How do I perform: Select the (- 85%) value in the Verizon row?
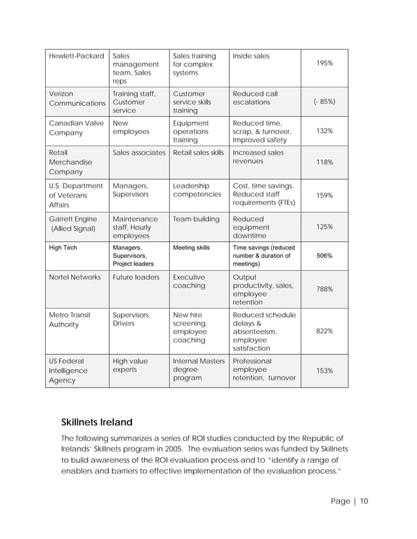pyautogui.click(x=325, y=102)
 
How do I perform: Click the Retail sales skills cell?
pyautogui.click(x=198, y=153)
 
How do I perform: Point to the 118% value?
pyautogui.click(x=325, y=162)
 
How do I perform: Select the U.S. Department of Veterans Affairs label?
pyautogui.click(x=76, y=195)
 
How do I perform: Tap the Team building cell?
pyautogui.click(x=196, y=219)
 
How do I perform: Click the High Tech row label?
pyautogui.click(x=63, y=248)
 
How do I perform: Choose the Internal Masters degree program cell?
pyautogui.click(x=198, y=369)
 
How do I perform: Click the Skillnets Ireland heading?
pyautogui.click(x=106, y=421)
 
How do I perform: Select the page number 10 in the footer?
pyautogui.click(x=363, y=501)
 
